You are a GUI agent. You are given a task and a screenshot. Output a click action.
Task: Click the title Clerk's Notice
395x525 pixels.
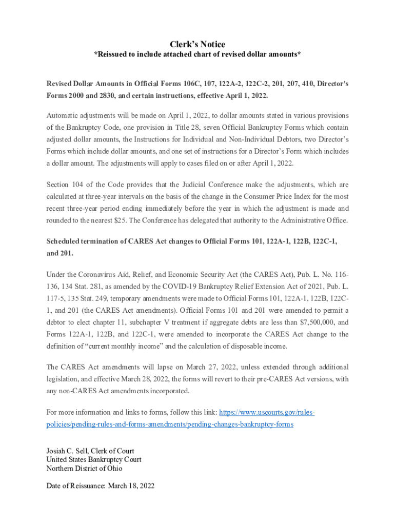[197, 45]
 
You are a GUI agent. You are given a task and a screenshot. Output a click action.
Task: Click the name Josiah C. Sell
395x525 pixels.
[66, 451]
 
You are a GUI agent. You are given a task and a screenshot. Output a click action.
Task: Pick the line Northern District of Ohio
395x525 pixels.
[84, 468]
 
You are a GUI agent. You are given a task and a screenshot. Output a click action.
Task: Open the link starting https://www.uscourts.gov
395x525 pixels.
[267, 412]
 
